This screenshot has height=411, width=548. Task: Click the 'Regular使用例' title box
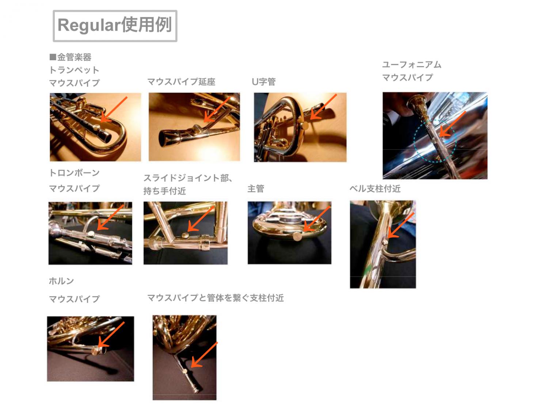115,26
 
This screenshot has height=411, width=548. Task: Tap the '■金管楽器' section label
71,57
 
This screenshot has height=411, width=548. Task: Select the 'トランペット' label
74,70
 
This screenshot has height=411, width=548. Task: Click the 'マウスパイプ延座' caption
181,82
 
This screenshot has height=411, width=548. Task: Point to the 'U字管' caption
264,81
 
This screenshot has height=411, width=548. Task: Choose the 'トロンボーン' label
75,173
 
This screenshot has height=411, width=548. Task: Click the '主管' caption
256,189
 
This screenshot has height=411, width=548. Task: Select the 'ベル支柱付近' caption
375,189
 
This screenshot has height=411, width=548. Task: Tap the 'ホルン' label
61,281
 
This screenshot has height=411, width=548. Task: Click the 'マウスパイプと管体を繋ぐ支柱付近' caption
216,298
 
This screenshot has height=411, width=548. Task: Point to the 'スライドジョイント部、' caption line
188,178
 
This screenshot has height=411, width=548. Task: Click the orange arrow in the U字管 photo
323,107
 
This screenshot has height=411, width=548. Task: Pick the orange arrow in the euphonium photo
452,124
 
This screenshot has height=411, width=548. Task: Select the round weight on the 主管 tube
297,236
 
